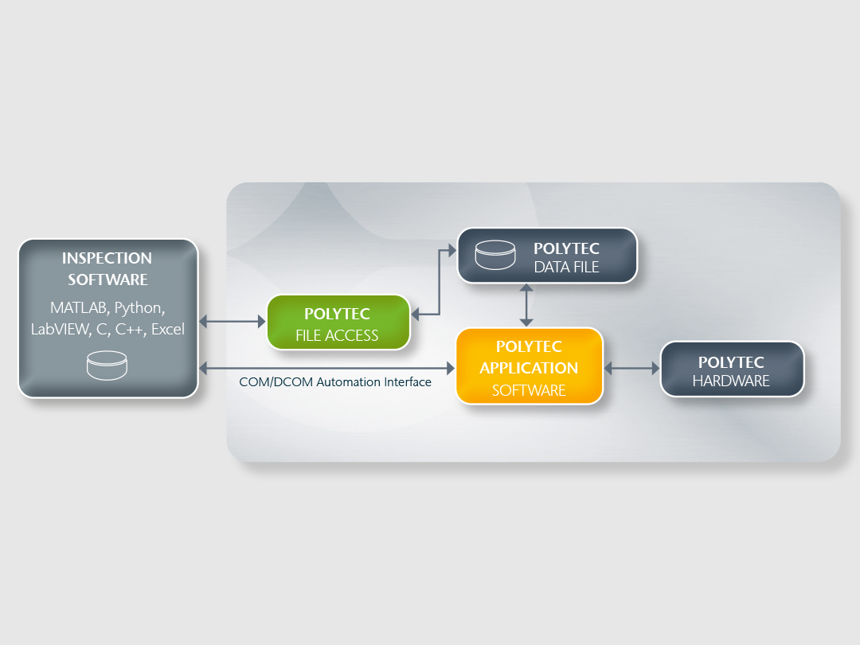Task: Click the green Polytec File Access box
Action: (x=338, y=322)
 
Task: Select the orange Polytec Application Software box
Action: (x=529, y=366)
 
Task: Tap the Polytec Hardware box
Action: (x=732, y=369)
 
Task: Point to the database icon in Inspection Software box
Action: (x=107, y=365)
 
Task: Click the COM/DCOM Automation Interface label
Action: (x=335, y=382)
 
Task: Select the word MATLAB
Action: (x=80, y=307)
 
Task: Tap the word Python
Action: (x=139, y=307)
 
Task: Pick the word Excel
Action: (x=167, y=329)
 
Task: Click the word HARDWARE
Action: (x=731, y=381)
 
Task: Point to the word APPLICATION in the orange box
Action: (x=529, y=368)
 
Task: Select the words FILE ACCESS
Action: (x=337, y=335)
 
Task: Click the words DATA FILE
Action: (x=566, y=267)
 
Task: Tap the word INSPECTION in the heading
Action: (x=107, y=258)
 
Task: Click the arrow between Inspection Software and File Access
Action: (x=232, y=322)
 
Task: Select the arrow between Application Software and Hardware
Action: (x=632, y=369)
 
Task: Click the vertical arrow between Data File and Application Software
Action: (x=526, y=305)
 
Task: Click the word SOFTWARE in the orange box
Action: (x=529, y=390)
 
